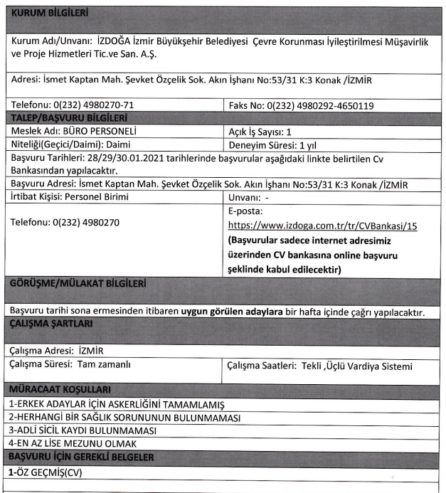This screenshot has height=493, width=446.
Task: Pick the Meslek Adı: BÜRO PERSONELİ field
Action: click(74, 131)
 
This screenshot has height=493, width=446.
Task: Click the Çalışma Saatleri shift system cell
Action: click(319, 366)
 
